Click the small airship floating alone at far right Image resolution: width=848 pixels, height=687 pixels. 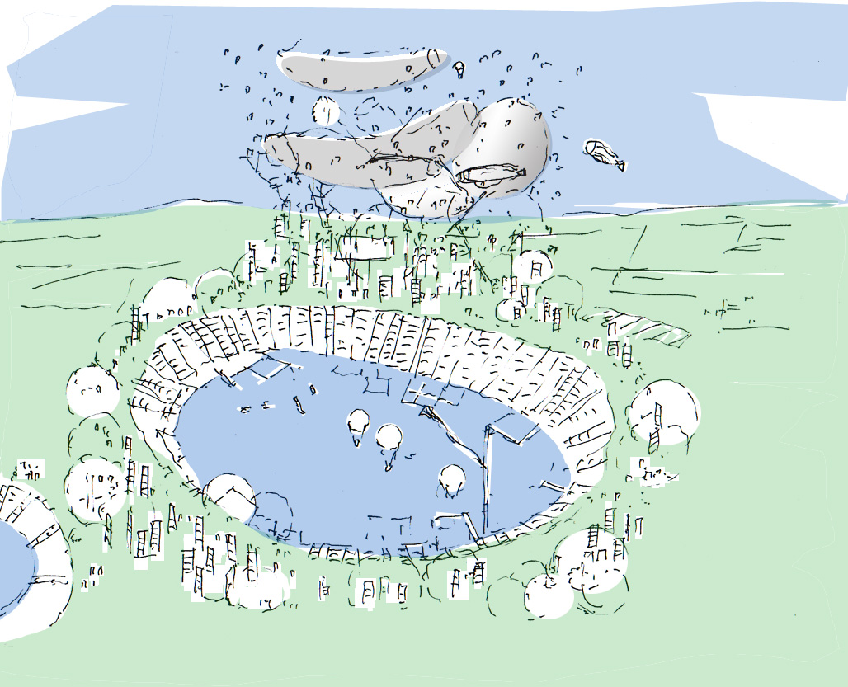pyautogui.click(x=604, y=153)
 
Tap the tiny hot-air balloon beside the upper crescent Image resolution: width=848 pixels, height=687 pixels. pyautogui.click(x=459, y=68)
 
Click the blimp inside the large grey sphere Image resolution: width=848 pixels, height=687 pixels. pyautogui.click(x=490, y=174)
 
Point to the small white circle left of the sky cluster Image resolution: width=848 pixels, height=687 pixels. pyautogui.click(x=326, y=111)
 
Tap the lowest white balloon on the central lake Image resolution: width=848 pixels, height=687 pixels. pyautogui.click(x=452, y=479)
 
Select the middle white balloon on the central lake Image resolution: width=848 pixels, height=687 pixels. pyautogui.click(x=389, y=437)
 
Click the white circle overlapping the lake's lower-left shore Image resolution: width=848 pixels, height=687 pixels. pyautogui.click(x=229, y=496)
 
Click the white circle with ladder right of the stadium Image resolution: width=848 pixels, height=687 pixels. pyautogui.click(x=664, y=412)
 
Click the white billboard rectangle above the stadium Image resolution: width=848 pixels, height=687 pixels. pyautogui.click(x=362, y=247)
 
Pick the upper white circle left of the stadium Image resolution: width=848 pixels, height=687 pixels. pyautogui.click(x=93, y=391)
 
